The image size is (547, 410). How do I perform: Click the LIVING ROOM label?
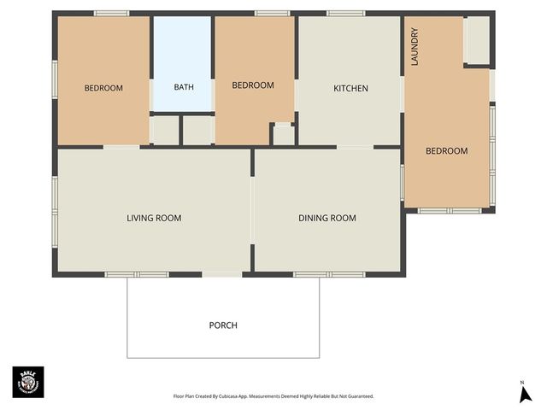point(154,218)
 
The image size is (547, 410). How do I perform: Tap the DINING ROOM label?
point(326,218)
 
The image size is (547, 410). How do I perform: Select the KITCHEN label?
point(350,88)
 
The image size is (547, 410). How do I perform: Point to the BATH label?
point(184,87)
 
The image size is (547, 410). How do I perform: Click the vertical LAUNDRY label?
point(415,47)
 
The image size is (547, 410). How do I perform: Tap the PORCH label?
point(223,325)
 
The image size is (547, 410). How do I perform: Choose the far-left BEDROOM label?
point(103,88)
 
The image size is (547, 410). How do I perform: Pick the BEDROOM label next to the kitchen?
point(253,85)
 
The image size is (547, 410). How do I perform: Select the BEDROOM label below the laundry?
point(447,151)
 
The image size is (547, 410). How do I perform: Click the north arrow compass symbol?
point(526,394)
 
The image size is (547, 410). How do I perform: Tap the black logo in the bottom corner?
point(28,382)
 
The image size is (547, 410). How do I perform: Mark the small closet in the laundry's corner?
point(476,40)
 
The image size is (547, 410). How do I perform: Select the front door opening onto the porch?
point(222,274)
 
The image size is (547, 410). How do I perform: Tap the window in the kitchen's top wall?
point(346,13)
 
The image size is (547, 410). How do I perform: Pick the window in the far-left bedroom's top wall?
point(111,13)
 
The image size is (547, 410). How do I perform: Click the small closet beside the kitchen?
point(283,135)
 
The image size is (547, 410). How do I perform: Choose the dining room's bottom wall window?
point(329,274)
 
